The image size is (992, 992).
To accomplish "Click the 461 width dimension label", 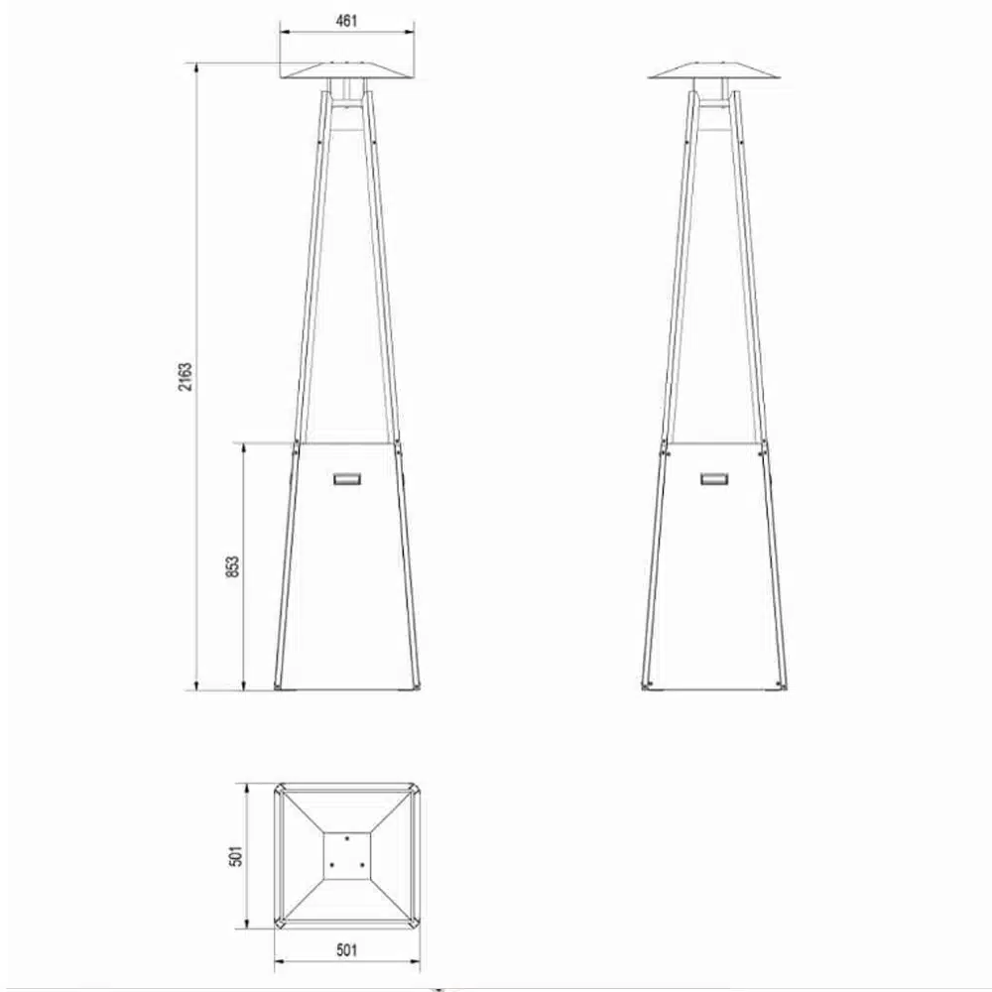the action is click(346, 21).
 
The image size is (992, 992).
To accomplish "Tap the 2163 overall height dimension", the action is click(185, 376).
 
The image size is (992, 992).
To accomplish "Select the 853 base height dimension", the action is click(232, 566).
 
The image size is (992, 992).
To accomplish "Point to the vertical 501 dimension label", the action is click(235, 856).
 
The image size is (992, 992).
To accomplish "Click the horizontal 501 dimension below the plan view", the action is click(346, 949).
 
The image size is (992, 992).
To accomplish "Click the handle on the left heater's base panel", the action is click(347, 478).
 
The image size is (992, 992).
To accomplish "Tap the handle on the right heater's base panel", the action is click(714, 478).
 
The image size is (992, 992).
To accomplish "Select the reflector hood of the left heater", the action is click(347, 70).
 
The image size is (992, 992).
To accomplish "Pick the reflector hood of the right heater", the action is click(714, 70).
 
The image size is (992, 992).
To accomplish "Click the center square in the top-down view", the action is click(346, 856).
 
